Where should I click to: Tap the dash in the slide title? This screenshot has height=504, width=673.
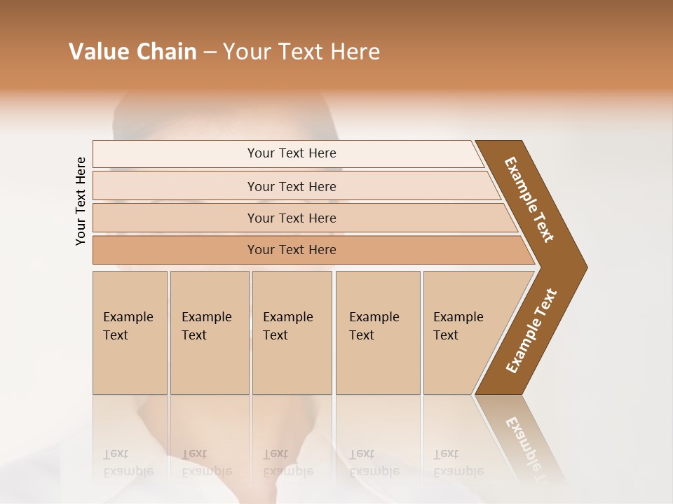pos(210,52)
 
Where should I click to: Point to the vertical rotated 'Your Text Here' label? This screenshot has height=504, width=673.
pos(81,201)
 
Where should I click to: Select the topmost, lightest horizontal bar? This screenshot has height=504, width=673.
pos(291,153)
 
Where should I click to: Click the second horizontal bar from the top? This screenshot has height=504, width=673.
pos(291,186)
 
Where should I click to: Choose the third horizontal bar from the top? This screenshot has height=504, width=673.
pos(291,218)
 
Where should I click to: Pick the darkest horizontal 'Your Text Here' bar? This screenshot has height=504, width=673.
pos(291,250)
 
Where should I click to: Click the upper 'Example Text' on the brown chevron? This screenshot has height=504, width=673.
pos(529,199)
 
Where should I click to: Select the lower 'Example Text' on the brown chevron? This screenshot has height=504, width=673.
pos(531,330)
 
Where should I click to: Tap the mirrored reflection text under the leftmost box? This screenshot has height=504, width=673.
pos(128,463)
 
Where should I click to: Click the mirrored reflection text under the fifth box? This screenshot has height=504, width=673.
pos(458,463)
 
